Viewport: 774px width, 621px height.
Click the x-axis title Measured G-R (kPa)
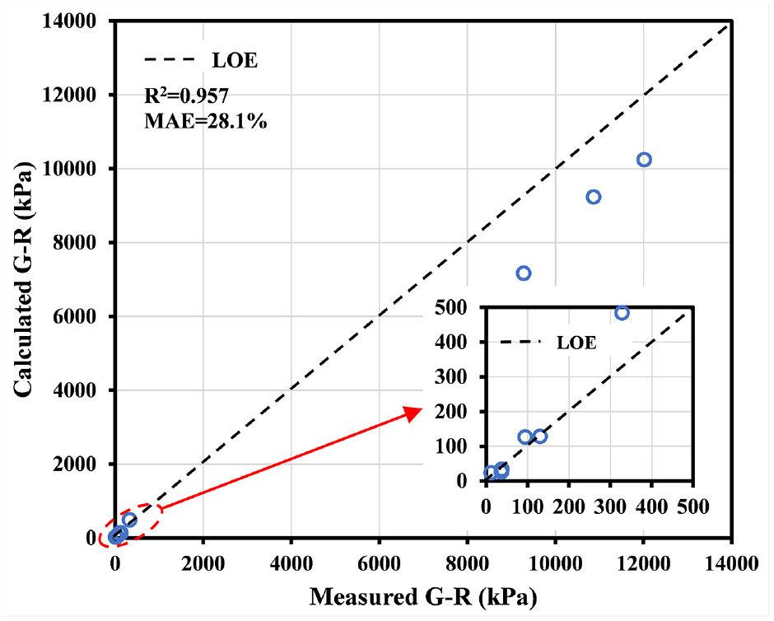click(423, 597)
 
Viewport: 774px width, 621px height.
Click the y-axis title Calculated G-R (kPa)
click(23, 279)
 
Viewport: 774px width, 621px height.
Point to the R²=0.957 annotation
click(187, 96)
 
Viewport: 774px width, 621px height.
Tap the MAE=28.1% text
click(205, 121)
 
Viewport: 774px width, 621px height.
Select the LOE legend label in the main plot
click(235, 61)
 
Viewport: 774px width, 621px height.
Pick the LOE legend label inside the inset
click(576, 343)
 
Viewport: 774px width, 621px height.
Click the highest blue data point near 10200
click(644, 160)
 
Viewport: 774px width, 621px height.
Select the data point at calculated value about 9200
click(594, 197)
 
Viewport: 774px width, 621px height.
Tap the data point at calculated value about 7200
click(523, 273)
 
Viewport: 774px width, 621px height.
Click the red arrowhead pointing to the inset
click(413, 413)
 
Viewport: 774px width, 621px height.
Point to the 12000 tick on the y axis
click(69, 95)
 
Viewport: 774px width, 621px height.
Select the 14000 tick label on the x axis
click(730, 563)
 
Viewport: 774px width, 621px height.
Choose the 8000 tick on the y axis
click(74, 242)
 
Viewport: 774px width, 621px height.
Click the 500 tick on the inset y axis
click(450, 307)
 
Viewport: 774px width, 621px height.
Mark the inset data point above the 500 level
click(622, 313)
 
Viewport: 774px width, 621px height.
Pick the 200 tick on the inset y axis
click(450, 412)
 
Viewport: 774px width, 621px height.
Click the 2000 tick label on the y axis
click(74, 464)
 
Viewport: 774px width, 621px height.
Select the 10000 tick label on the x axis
click(555, 563)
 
